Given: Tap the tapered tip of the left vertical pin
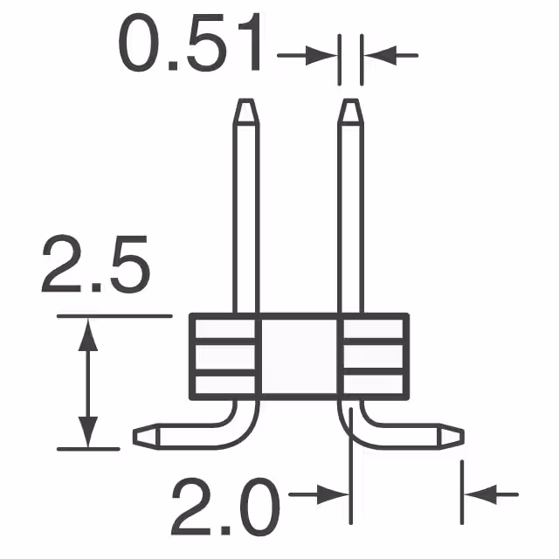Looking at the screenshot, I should tap(245, 113).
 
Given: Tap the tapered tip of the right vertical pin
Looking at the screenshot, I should tap(350, 113).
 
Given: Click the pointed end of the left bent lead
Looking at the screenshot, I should tap(144, 433).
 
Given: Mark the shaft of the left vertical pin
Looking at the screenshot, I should tap(245, 218).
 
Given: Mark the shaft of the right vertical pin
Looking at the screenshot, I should tap(350, 218).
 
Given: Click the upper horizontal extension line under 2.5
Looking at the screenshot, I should tap(114, 314).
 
